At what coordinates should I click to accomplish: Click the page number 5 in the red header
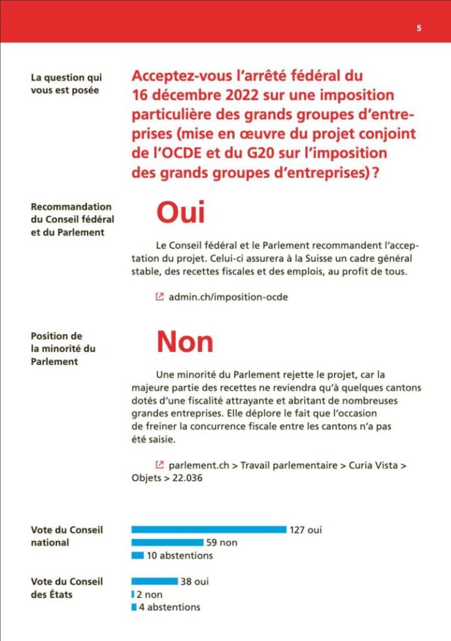[419, 28]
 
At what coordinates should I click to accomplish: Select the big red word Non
[184, 341]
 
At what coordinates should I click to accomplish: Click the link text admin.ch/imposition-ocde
[228, 297]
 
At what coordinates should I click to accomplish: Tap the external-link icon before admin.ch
[159, 297]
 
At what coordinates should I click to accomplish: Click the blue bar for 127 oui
[209, 530]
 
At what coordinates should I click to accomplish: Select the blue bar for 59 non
[167, 543]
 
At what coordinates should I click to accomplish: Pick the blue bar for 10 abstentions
[137, 556]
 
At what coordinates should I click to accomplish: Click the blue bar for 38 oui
[154, 581]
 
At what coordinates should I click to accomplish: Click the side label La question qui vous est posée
[65, 83]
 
